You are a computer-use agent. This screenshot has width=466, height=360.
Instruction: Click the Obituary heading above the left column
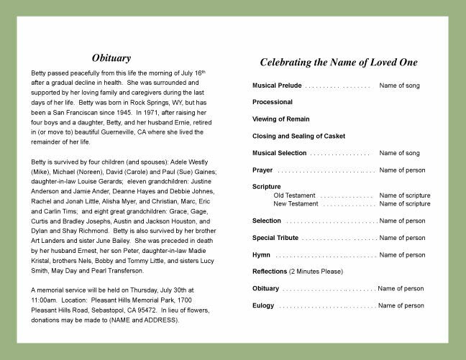click(111, 57)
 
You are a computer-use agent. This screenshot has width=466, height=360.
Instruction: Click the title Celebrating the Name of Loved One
click(338, 63)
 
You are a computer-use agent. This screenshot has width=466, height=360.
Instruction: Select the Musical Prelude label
click(276, 86)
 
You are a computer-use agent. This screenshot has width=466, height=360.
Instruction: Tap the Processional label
click(273, 102)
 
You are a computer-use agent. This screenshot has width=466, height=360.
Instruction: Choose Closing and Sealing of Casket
click(298, 136)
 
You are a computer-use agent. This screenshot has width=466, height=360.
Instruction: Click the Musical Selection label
click(279, 153)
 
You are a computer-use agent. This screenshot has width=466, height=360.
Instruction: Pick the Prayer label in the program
click(262, 170)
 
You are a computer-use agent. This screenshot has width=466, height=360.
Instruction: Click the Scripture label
click(267, 187)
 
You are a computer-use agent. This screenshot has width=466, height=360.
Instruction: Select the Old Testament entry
click(294, 195)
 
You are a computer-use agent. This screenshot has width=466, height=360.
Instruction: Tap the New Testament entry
click(296, 204)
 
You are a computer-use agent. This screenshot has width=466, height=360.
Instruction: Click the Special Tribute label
click(275, 238)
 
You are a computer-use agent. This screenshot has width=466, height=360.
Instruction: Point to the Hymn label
click(261, 255)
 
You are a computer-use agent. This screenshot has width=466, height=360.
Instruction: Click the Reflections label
click(270, 272)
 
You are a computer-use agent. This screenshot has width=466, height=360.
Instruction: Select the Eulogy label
click(263, 305)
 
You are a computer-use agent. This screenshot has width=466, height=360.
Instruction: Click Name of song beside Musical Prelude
click(399, 86)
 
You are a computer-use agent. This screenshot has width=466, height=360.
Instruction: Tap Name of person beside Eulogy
click(401, 305)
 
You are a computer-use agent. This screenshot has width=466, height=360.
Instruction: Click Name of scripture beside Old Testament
click(405, 195)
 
